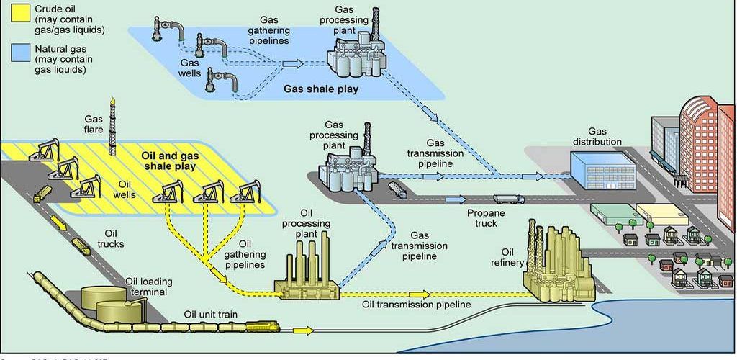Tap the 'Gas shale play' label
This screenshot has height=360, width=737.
click(320, 89)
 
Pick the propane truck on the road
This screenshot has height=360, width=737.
click(508, 199)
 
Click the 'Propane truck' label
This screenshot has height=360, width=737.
click(487, 218)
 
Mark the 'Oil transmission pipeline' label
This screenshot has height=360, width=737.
click(416, 305)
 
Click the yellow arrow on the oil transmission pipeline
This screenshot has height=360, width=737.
click(420, 294)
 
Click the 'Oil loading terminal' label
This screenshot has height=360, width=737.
click(146, 287)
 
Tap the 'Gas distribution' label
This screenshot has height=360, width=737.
click(597, 137)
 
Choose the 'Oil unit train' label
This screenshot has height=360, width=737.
click(211, 314)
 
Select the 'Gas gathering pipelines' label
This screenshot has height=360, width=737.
click(267, 30)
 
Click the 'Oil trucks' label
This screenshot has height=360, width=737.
click(110, 238)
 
